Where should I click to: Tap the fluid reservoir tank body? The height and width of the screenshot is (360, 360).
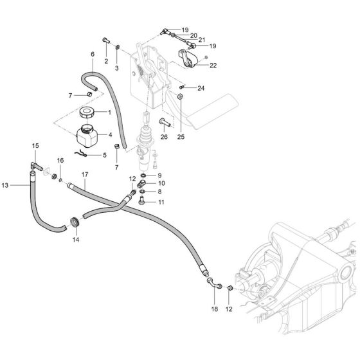pyautogui.click(x=86, y=138)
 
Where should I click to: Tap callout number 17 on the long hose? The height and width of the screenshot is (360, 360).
pyautogui.click(x=84, y=175)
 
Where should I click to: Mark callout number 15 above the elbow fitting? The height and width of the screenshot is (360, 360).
pyautogui.click(x=35, y=147)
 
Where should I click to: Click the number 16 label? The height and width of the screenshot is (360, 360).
pyautogui.click(x=60, y=160)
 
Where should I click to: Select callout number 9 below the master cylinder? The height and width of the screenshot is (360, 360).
pyautogui.click(x=160, y=175)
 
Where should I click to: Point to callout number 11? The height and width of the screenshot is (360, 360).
pyautogui.click(x=161, y=202)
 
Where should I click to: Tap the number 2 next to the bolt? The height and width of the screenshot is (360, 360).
pyautogui.click(x=105, y=61)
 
